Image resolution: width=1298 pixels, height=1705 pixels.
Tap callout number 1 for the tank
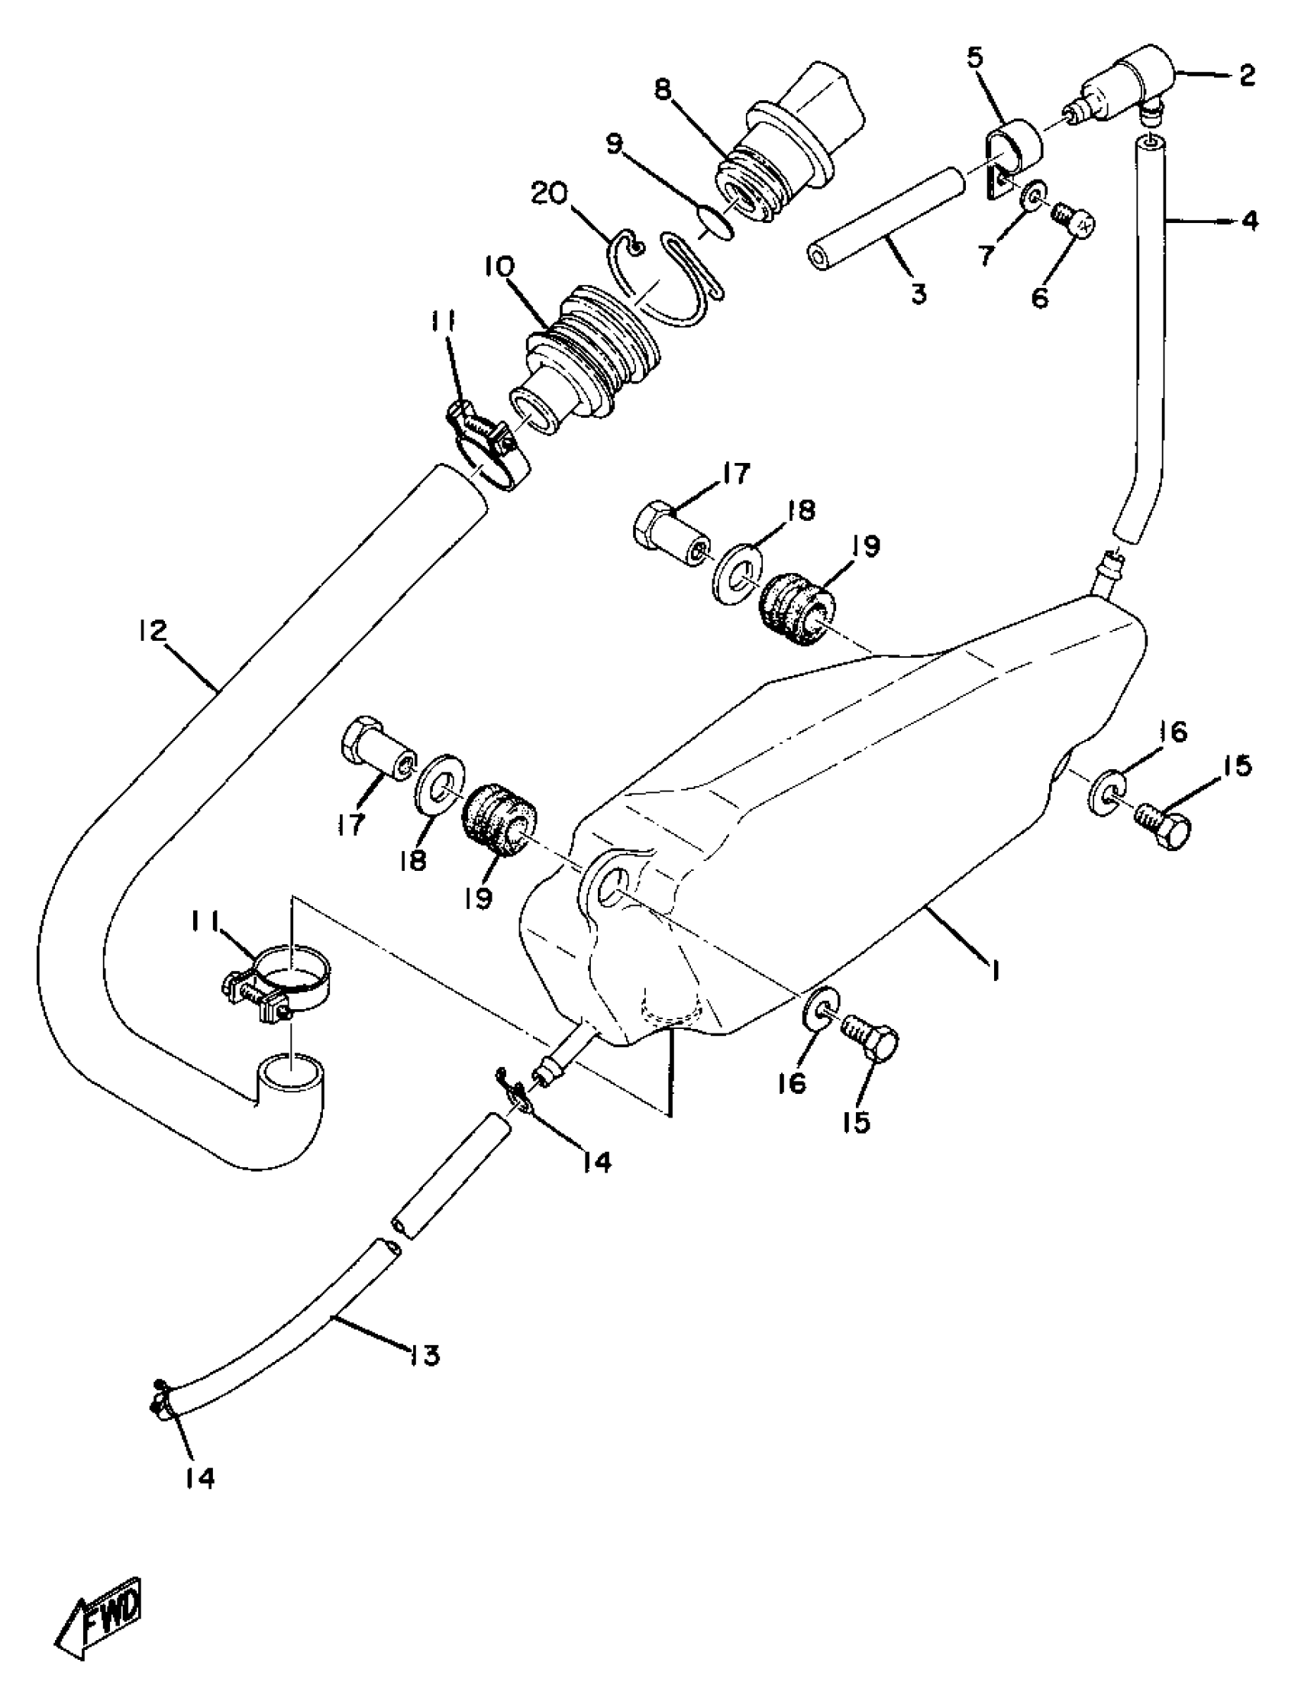tap(996, 969)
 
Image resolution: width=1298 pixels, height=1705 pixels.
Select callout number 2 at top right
tap(1247, 76)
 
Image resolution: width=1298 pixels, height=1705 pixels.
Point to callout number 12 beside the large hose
tap(152, 632)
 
